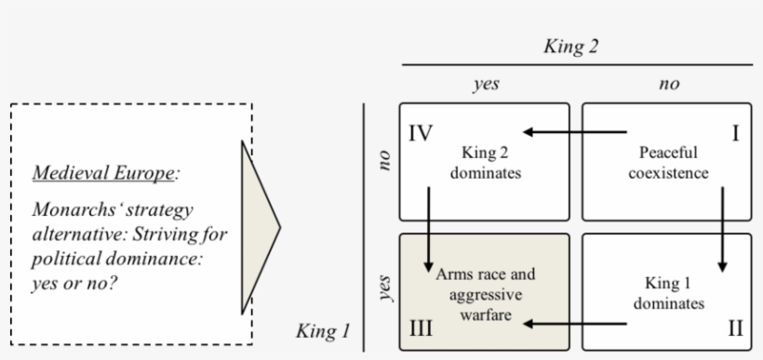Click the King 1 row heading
tap(321, 330)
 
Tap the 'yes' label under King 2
tap(485, 84)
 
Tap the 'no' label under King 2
tap(668, 84)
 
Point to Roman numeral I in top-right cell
tap(736, 133)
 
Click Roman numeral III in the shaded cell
tap(422, 329)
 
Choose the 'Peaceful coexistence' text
tap(668, 163)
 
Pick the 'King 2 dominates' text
tap(486, 162)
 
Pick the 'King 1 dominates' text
tap(667, 292)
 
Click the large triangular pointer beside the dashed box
tap(258, 225)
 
